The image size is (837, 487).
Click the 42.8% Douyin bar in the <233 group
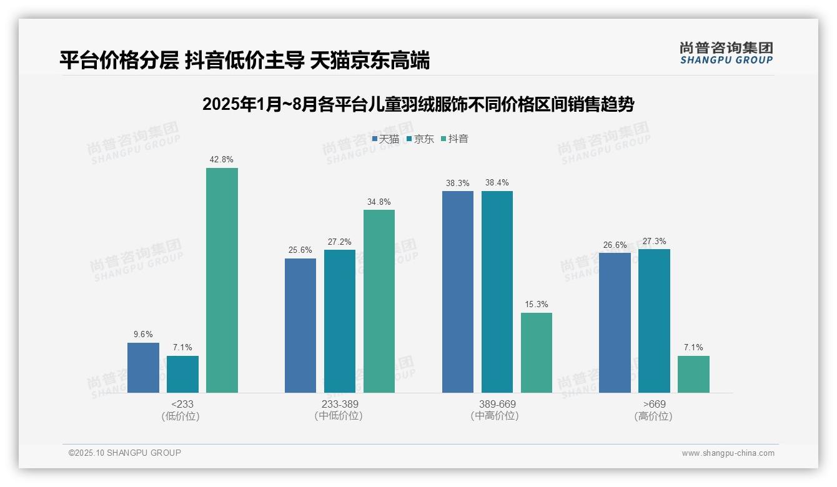click(222, 280)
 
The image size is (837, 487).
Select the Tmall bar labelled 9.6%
click(143, 368)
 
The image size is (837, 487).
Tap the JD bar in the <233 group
click(182, 374)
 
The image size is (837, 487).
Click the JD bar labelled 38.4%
click(497, 292)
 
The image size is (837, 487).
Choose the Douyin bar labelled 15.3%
click(537, 353)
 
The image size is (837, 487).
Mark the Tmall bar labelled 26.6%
click(615, 323)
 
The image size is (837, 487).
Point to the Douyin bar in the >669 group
click(693, 374)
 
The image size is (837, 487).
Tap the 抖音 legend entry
click(455, 139)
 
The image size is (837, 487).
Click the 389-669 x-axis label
click(497, 404)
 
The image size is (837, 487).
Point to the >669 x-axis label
click(654, 404)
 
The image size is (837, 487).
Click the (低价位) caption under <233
click(181, 416)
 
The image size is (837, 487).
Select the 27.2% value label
click(339, 242)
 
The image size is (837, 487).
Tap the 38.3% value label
click(457, 183)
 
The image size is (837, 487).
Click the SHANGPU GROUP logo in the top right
click(726, 52)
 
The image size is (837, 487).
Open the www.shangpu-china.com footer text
click(728, 453)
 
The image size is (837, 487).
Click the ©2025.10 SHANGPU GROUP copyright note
click(125, 453)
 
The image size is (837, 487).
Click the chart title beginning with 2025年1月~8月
click(418, 104)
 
